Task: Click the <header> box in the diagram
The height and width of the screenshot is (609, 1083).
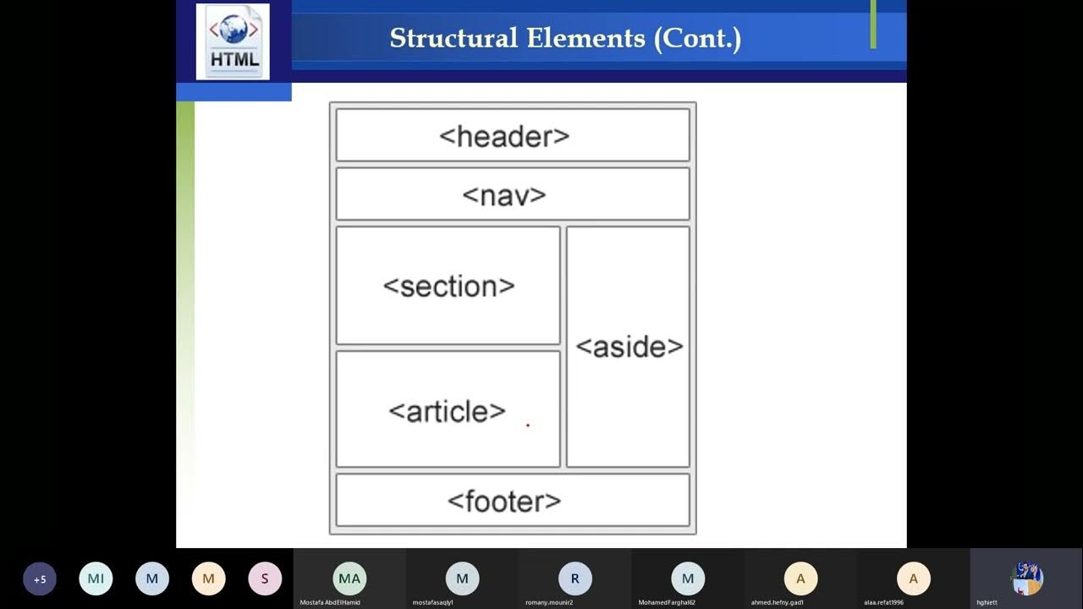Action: click(x=513, y=135)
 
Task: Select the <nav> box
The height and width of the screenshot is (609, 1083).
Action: click(x=513, y=195)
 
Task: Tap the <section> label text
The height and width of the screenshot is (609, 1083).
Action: click(x=448, y=287)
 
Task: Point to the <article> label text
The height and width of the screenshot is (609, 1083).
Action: click(x=447, y=412)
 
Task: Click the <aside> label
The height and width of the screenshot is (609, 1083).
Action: click(x=629, y=347)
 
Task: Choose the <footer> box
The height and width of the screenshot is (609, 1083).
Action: click(x=513, y=501)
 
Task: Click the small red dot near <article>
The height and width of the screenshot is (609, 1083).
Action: click(x=528, y=425)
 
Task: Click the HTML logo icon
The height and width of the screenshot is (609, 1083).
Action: click(x=233, y=41)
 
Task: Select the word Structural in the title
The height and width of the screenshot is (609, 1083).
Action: click(x=454, y=39)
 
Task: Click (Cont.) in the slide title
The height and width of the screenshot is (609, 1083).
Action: click(x=697, y=39)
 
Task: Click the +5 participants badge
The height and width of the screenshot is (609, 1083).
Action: click(x=40, y=579)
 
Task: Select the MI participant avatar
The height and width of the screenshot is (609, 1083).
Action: click(x=96, y=579)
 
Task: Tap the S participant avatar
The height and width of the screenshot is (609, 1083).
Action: click(x=265, y=579)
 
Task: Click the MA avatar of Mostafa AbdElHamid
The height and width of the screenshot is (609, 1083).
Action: click(x=349, y=579)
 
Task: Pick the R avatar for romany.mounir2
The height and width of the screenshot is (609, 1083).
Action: click(x=575, y=579)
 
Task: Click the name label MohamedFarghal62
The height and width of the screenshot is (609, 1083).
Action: click(x=667, y=602)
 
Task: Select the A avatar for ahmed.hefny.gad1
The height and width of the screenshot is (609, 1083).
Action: click(x=800, y=579)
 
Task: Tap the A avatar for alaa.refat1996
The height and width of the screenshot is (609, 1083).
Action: click(x=913, y=579)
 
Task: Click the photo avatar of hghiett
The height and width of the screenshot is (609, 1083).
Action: click(x=1027, y=579)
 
